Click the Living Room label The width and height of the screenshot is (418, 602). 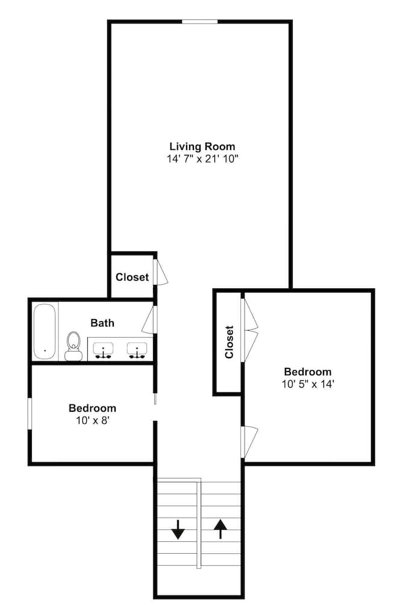point(202,146)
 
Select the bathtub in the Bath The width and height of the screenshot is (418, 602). point(45,331)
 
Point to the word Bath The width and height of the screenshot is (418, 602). point(102,323)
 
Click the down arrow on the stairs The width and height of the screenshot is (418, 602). point(178,529)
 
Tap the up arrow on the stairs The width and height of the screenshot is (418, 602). point(220,529)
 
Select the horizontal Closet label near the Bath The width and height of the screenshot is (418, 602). point(132,278)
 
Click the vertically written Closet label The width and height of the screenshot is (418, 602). point(229,342)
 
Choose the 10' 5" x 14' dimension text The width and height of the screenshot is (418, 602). point(307,383)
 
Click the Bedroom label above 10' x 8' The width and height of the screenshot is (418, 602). point(92,408)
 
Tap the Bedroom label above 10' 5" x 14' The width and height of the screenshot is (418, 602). point(307,371)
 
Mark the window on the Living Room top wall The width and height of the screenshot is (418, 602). point(200,22)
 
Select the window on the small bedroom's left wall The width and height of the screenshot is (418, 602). point(30,414)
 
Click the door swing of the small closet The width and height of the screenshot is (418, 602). point(161,272)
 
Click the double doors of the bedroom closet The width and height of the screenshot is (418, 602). point(249,330)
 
